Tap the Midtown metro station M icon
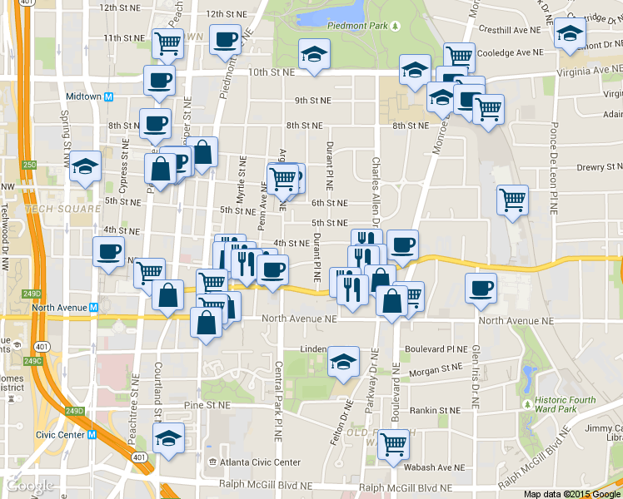click(x=108, y=96)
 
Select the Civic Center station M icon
click(x=92, y=434)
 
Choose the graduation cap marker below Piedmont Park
click(x=313, y=54)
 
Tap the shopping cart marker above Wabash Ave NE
click(x=392, y=442)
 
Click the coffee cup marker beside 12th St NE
click(x=225, y=38)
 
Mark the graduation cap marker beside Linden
click(x=342, y=361)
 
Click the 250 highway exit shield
click(x=30, y=166)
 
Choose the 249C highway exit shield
click(x=32, y=361)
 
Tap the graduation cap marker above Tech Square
click(x=85, y=166)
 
